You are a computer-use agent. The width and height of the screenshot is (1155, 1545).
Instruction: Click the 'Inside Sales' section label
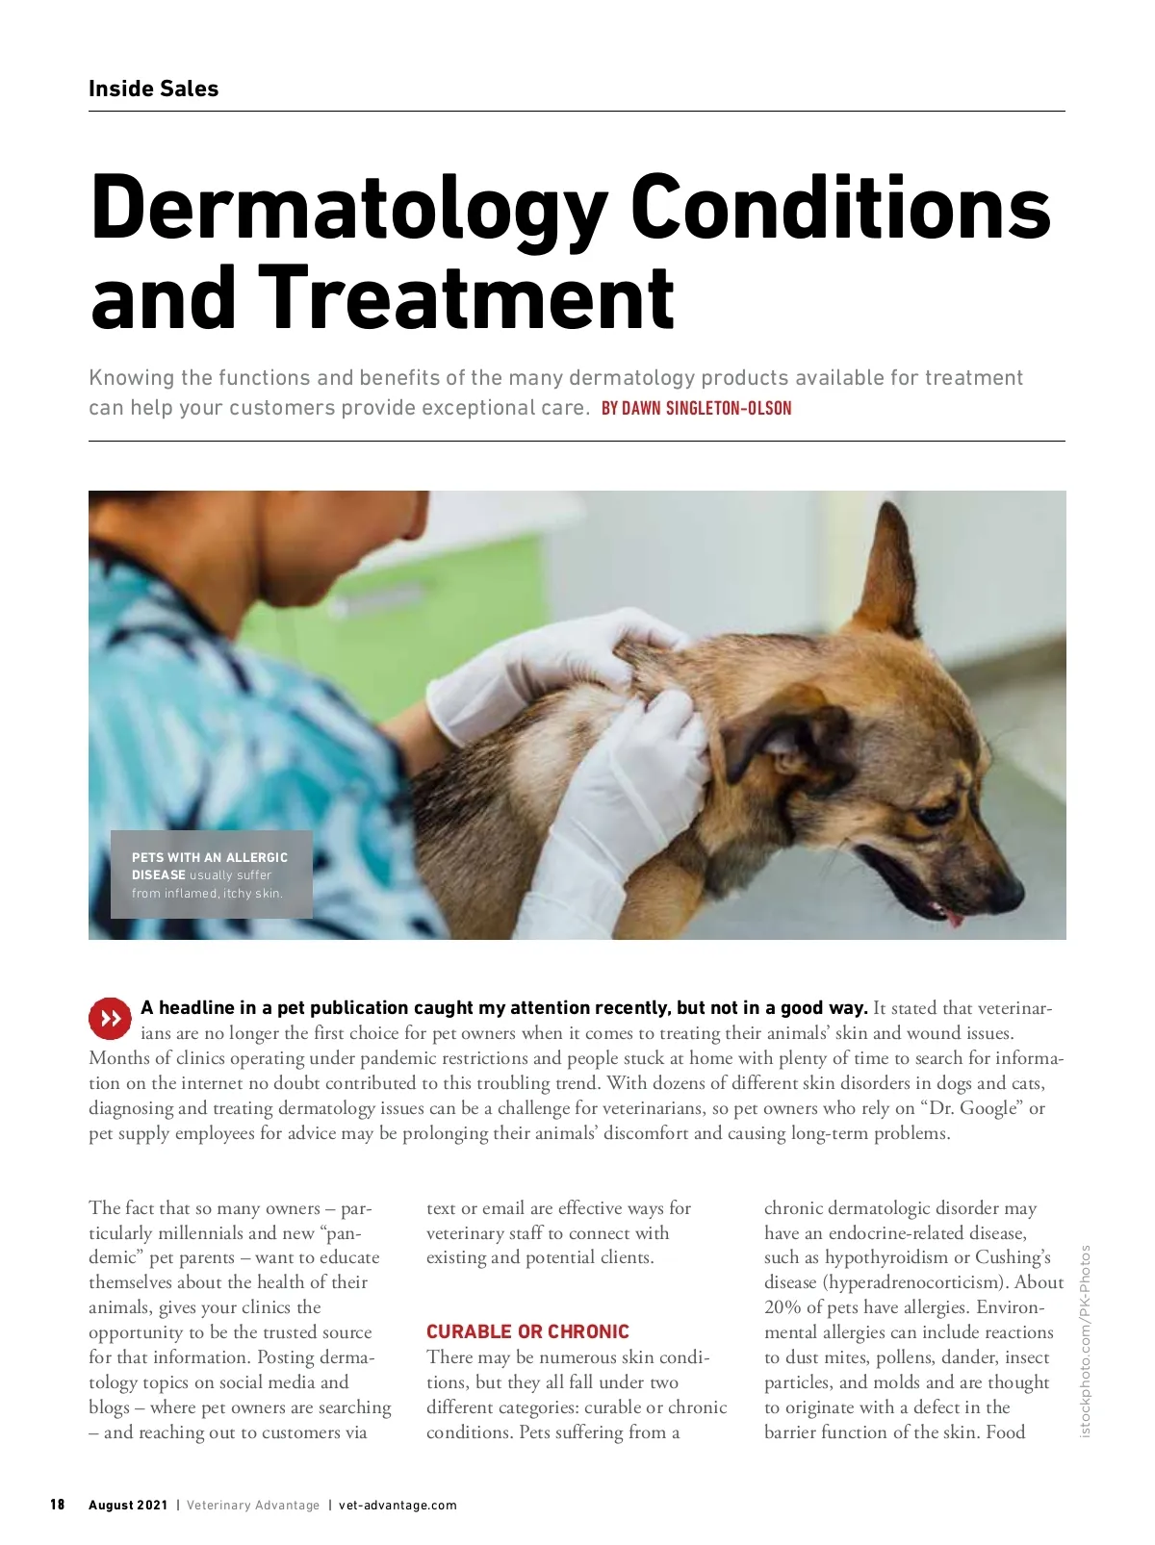pos(153,89)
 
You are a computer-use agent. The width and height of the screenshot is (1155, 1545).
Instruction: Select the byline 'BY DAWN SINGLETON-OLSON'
pos(696,408)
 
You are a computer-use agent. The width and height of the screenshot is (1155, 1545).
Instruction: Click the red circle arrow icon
pos(110,1018)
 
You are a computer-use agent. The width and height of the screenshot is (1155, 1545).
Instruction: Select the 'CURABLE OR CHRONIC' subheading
pos(527,1331)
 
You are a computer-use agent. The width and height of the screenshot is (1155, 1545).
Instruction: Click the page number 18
pos(58,1505)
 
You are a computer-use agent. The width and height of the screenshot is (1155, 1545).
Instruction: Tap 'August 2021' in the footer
pos(128,1505)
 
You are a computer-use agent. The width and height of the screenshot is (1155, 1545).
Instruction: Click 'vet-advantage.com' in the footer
pos(398,1505)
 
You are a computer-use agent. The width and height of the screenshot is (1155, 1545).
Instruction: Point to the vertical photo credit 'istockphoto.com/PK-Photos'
pos(1086,1341)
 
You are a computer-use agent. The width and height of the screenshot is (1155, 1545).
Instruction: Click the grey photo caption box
pos(211,874)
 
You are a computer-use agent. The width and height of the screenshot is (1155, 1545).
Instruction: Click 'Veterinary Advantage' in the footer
pos(252,1505)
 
